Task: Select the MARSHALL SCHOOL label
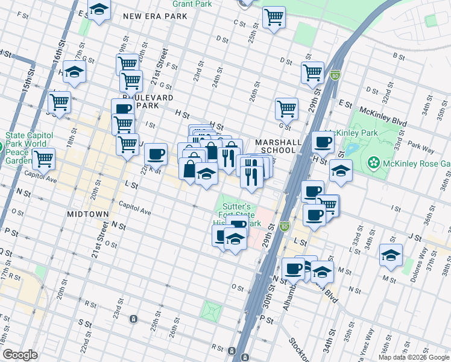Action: pyautogui.click(x=278, y=147)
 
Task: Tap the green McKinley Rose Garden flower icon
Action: pyautogui.click(x=374, y=162)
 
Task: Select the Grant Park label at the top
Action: pyautogui.click(x=192, y=4)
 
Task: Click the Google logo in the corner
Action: pyautogui.click(x=20, y=354)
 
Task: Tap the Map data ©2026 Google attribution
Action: pyautogui.click(x=413, y=357)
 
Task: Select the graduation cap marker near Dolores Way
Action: pyautogui.click(x=391, y=255)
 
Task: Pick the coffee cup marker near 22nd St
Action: pyautogui.click(x=156, y=153)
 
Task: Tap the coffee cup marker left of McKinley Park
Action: pyautogui.click(x=323, y=142)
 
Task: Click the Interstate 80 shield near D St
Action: pyautogui.click(x=336, y=75)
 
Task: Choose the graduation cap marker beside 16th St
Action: pyautogui.click(x=75, y=71)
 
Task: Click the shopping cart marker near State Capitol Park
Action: pyautogui.click(x=43, y=159)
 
